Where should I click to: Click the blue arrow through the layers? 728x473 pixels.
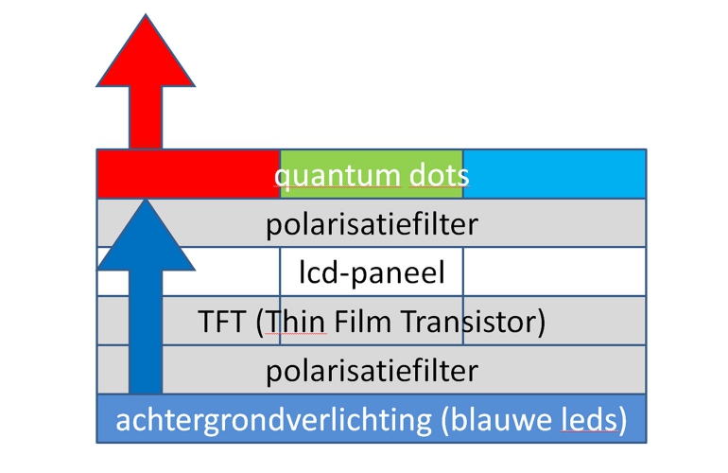[x=146, y=312]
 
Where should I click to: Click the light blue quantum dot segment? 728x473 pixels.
[x=554, y=174]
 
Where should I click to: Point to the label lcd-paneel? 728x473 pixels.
[x=372, y=273]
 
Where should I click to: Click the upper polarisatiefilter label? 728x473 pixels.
[x=372, y=224]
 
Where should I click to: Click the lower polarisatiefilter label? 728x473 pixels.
[x=372, y=371]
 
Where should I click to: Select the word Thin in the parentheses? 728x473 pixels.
[x=298, y=323]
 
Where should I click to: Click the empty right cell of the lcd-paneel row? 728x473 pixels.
[x=554, y=273]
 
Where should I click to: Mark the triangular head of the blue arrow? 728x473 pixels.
[x=146, y=227]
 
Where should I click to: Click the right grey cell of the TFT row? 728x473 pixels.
[x=596, y=323]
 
